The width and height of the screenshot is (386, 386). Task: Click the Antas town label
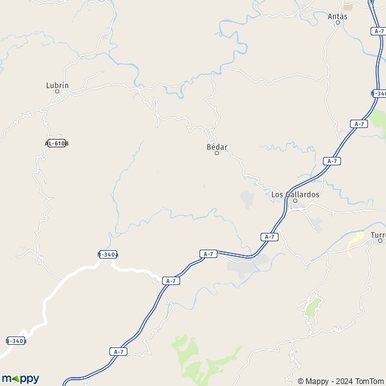337,16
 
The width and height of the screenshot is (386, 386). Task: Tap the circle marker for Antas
337,23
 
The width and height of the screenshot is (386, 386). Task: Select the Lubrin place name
57,85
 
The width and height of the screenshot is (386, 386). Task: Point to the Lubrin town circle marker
57,91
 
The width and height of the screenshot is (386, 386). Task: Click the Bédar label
217,147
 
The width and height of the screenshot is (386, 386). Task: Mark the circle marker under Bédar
217,153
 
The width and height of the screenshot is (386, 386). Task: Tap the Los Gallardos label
295,194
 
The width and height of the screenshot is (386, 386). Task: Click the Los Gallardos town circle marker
295,201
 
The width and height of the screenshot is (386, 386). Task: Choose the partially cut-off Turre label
378,234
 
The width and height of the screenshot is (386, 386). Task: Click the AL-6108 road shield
57,143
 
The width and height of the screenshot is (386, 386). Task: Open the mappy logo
21,379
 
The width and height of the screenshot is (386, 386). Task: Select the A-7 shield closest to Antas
378,31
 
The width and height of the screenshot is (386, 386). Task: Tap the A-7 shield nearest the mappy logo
117,352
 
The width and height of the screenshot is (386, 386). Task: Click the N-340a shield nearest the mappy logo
16,340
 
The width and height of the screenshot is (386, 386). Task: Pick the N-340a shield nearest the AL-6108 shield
108,254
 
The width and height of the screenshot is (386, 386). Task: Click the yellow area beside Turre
355,243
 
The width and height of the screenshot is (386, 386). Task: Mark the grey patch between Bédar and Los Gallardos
247,199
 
